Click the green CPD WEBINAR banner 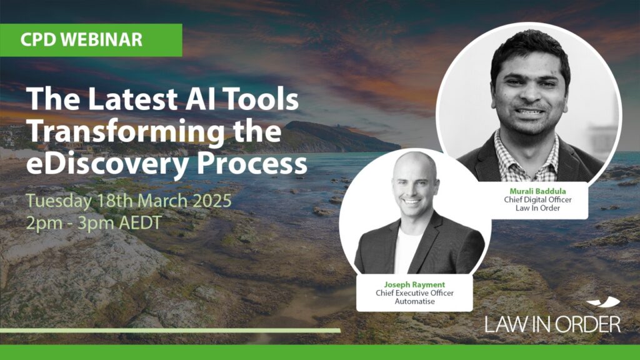coord(91,40)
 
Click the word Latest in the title coord(132,99)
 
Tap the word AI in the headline coord(197,99)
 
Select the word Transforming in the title coord(125,131)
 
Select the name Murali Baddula coord(537,191)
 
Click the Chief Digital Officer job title coord(537,199)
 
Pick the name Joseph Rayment coord(414,284)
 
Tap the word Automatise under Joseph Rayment coord(414,302)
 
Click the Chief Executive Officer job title coord(414,293)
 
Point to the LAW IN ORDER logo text coord(552,324)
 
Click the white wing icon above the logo coord(604,302)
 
